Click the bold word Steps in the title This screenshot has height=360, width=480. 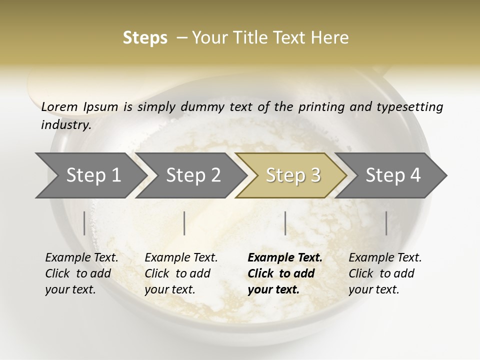click(x=145, y=37)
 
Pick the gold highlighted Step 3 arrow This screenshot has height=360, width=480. click(x=293, y=175)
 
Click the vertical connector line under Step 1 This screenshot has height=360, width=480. click(x=84, y=223)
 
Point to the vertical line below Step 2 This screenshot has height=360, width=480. click(x=184, y=223)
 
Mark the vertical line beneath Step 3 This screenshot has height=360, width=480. click(x=285, y=223)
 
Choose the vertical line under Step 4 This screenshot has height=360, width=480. click(x=386, y=223)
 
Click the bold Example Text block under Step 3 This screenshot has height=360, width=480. click(x=285, y=273)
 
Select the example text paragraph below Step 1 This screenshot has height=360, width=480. click(x=81, y=273)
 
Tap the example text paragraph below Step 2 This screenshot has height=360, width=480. click(x=181, y=273)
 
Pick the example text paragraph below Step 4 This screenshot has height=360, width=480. click(x=385, y=273)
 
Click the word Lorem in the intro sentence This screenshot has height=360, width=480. click(x=59, y=106)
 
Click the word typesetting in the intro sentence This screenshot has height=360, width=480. click(x=411, y=106)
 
